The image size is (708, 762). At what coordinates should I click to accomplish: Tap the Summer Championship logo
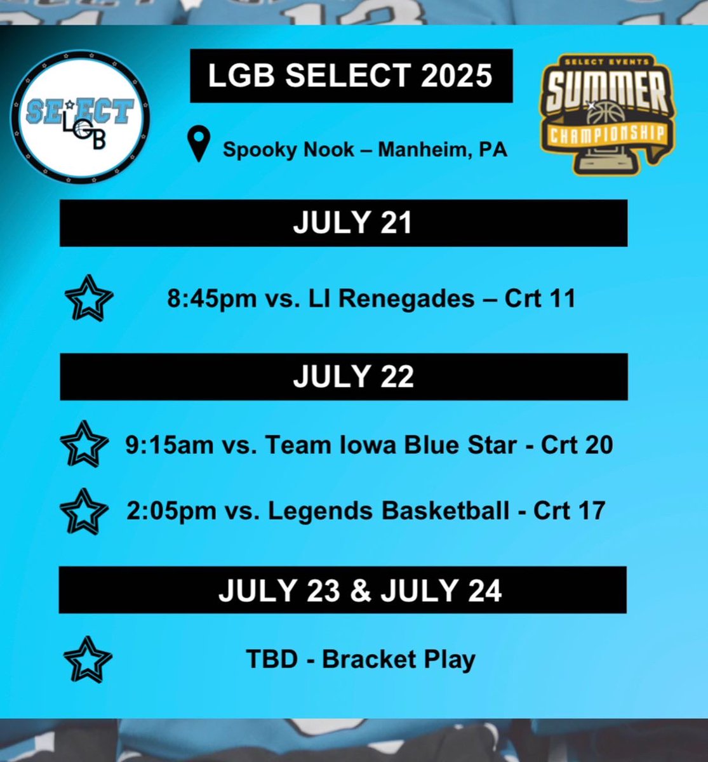(608, 114)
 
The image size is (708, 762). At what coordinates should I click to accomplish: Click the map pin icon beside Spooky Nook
(199, 144)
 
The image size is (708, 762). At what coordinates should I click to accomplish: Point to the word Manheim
(420, 150)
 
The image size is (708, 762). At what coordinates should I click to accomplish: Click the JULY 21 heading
(352, 224)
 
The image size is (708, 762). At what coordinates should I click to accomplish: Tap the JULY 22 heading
(353, 377)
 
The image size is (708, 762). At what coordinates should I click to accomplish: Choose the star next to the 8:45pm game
(89, 298)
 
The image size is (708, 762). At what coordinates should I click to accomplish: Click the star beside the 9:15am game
(83, 444)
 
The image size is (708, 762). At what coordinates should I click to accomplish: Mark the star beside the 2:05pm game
(83, 511)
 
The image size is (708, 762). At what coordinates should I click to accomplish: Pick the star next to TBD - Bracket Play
(88, 660)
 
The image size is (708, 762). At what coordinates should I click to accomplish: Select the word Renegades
(406, 298)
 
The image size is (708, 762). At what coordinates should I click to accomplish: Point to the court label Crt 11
(540, 298)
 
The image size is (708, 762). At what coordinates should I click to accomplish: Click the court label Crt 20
(577, 445)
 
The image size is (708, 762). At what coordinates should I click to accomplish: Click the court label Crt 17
(569, 511)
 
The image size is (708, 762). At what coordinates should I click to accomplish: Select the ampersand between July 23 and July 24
(359, 591)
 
